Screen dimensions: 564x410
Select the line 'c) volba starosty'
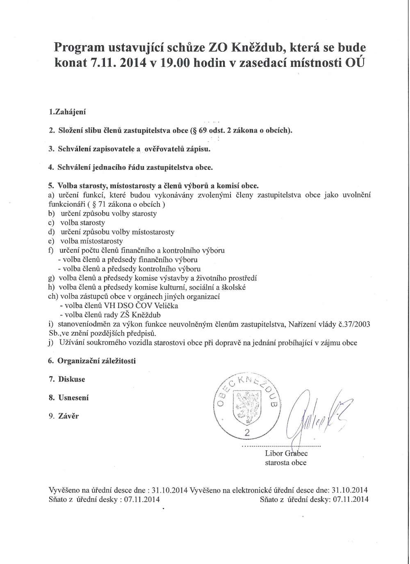[x=77, y=223]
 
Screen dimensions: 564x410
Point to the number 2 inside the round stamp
[x=247, y=432]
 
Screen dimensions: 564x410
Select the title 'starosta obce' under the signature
[x=286, y=463]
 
